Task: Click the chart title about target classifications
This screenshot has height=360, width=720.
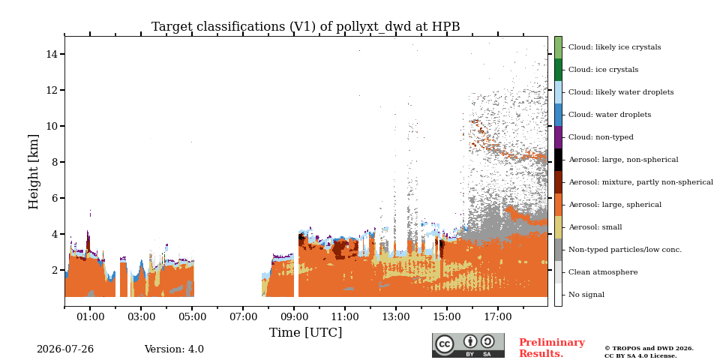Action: tap(306, 27)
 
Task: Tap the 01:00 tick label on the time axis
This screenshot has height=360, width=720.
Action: tap(90, 316)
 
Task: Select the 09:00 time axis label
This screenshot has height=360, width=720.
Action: tap(294, 316)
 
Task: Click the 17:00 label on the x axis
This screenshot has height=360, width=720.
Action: tap(498, 316)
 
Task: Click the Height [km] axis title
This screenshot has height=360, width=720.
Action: tap(34, 172)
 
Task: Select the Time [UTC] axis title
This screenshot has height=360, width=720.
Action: tap(306, 332)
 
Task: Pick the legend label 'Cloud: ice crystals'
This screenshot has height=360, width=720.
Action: tap(603, 70)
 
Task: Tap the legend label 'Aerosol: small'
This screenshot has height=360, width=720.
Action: tap(595, 227)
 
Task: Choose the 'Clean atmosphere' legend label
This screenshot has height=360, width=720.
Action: tap(603, 272)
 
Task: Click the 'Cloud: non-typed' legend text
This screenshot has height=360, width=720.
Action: tap(601, 137)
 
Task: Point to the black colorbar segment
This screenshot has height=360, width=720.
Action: tap(558, 160)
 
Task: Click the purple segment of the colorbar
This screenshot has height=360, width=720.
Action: tap(558, 137)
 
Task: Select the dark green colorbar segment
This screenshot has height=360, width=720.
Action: tap(558, 70)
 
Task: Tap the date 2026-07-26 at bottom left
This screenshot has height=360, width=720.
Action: tap(65, 349)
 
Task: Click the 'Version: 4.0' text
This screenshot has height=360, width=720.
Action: tap(174, 349)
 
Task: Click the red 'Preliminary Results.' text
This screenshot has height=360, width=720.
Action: tap(552, 348)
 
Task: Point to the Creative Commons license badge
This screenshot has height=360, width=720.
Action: tap(468, 345)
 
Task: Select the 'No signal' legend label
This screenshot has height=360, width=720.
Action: tap(586, 295)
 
